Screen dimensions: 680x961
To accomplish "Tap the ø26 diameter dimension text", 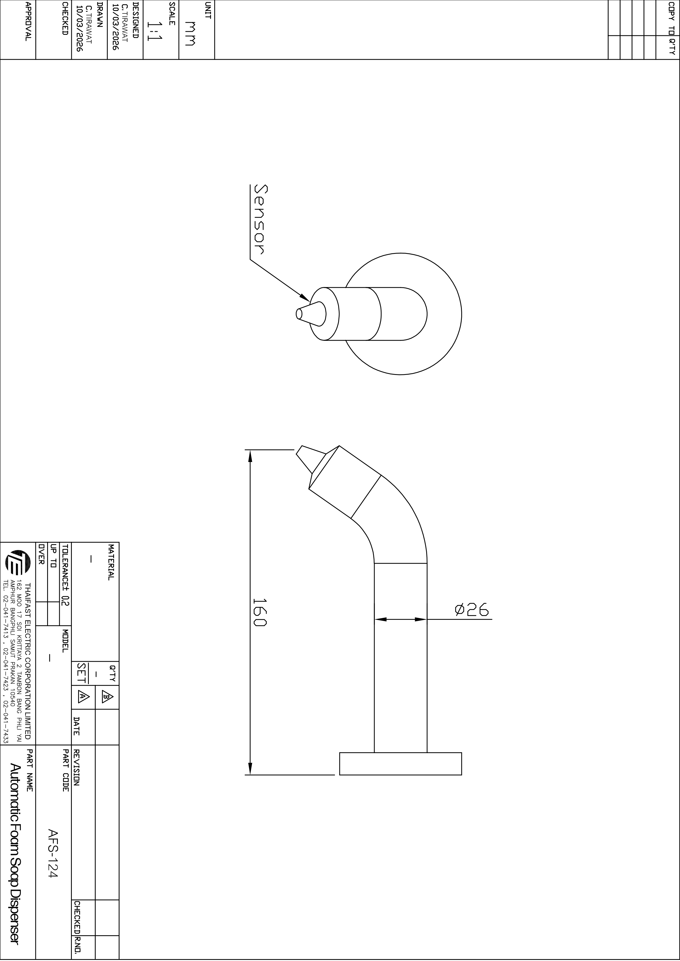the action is [472, 610].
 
